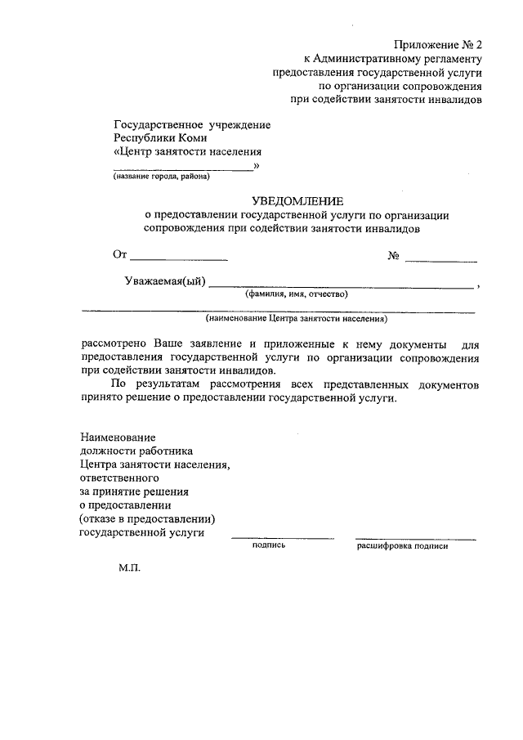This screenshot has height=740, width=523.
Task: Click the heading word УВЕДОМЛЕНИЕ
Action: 297,200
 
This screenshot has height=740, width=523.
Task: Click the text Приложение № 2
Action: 438,44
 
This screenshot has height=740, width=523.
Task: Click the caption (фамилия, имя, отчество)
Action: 291,294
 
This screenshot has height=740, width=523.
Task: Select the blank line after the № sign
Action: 441,260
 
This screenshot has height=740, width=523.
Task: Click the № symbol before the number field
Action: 393,256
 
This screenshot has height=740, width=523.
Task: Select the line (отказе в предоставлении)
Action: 146,518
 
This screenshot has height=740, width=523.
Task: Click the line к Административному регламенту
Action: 393,58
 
